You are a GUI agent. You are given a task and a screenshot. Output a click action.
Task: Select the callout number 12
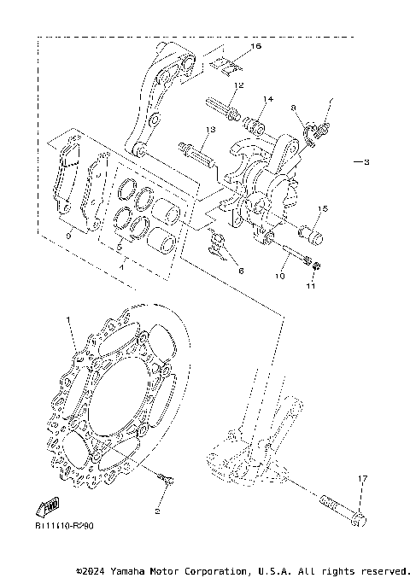238,85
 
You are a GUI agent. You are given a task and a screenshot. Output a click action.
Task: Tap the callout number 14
268,100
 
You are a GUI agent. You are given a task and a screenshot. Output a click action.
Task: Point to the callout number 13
208,130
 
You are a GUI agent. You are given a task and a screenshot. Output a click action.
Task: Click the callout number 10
279,277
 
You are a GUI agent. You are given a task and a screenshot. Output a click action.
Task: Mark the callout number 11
312,288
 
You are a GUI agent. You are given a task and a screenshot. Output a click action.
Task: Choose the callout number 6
241,271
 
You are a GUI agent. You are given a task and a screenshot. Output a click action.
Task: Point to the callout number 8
293,108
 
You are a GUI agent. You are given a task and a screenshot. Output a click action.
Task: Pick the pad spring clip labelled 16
222,63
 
